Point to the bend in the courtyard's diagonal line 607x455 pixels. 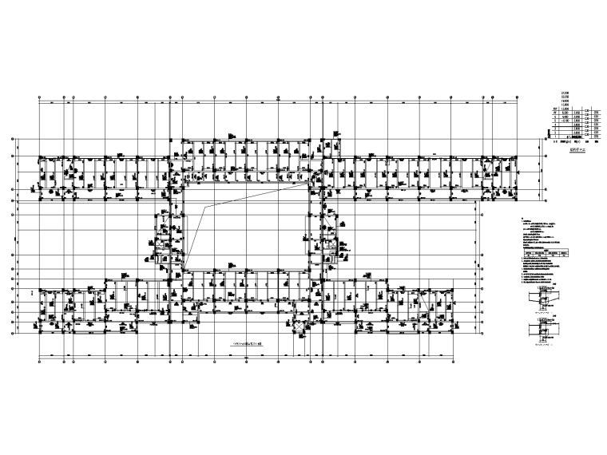208,209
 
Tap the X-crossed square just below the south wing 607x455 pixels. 299,327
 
